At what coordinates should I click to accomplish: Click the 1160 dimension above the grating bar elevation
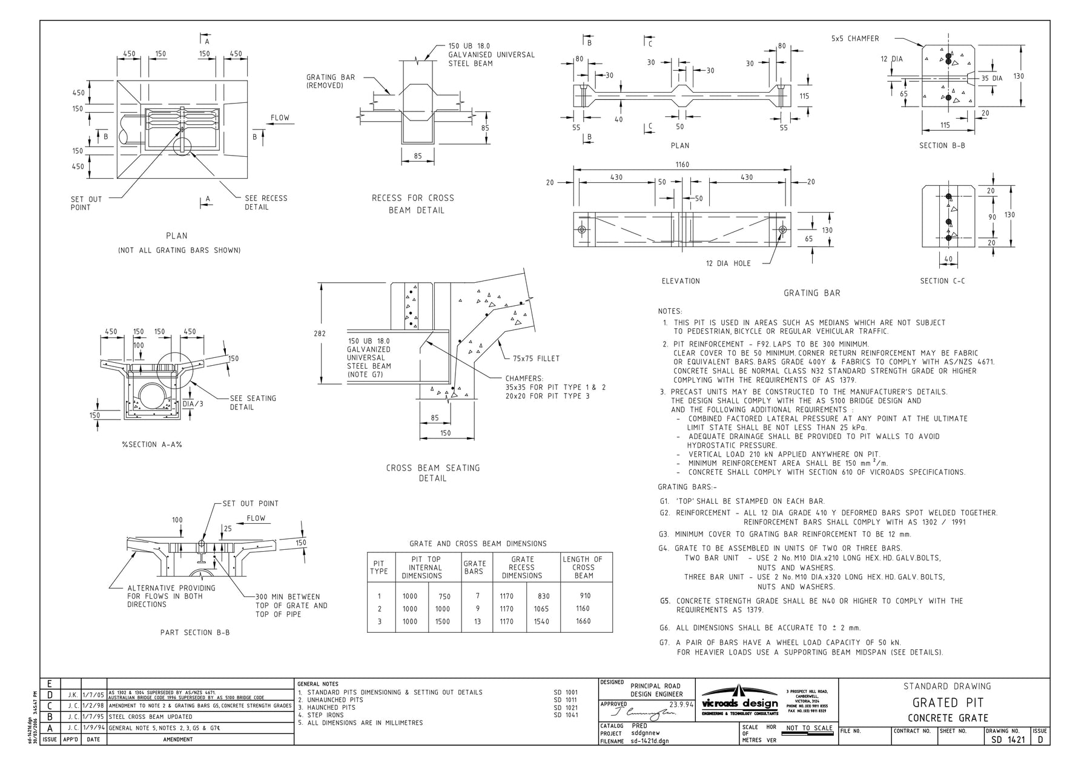tap(682, 165)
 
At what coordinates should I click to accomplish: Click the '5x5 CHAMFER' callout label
tap(855, 39)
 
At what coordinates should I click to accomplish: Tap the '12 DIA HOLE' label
tap(728, 263)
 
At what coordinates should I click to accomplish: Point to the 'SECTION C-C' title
tap(942, 281)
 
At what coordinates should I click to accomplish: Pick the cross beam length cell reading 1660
tap(583, 621)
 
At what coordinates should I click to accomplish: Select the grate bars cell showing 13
tap(477, 621)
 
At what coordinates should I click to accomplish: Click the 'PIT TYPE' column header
tap(379, 567)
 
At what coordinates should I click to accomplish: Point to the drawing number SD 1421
tap(1008, 739)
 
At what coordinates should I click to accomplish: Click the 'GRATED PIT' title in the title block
tap(947, 703)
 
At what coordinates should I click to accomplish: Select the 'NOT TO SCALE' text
tap(809, 728)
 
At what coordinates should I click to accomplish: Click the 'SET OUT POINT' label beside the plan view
tap(86, 203)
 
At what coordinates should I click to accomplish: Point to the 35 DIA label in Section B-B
tap(992, 78)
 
